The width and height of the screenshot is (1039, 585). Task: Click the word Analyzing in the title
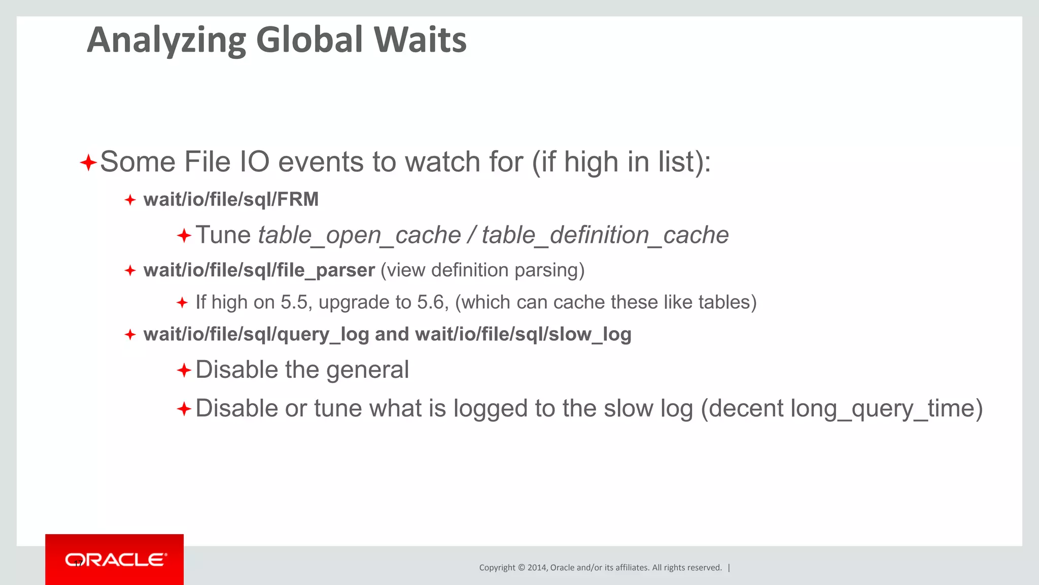(166, 41)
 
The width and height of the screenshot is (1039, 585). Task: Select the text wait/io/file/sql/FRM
(231, 200)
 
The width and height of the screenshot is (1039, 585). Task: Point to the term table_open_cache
(359, 235)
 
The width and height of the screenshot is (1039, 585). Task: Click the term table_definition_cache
(605, 235)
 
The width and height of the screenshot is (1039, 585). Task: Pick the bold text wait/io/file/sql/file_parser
(259, 270)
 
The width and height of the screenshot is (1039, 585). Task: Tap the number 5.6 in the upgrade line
(432, 303)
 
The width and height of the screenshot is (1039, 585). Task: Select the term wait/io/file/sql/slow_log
(523, 335)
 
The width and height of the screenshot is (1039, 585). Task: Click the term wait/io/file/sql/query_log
(256, 335)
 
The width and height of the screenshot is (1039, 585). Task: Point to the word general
(367, 370)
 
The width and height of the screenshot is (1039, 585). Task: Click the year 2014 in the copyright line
(537, 568)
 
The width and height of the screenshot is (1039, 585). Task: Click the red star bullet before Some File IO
(88, 163)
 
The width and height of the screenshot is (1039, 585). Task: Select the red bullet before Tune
(184, 236)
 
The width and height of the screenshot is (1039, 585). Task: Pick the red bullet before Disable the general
(184, 370)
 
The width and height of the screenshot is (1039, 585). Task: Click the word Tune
(223, 235)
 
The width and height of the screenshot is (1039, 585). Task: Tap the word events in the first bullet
(321, 162)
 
